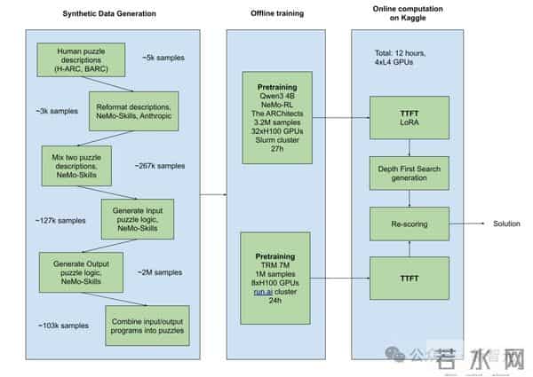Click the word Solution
(506, 223)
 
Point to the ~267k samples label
(160, 166)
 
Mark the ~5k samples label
(163, 59)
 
